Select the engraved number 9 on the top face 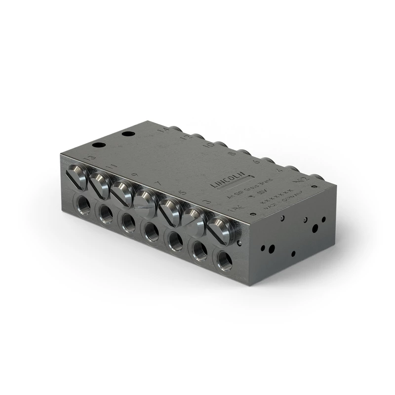click(x=134, y=175)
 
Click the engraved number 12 click(x=186, y=138)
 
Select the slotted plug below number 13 click(x=78, y=176)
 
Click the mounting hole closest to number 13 click(x=98, y=146)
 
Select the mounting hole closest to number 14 click(x=128, y=134)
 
